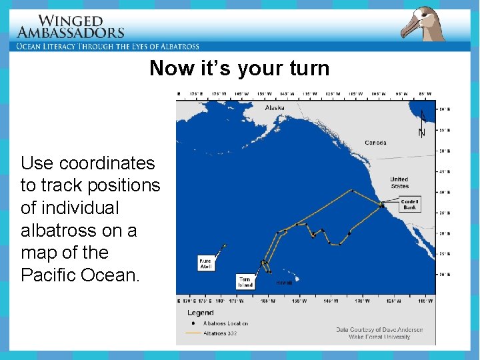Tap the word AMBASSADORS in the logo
pyautogui.click(x=71, y=32)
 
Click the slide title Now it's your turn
pyautogui.click(x=239, y=68)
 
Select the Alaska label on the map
pyautogui.click(x=275, y=108)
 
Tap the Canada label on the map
pyautogui.click(x=375, y=143)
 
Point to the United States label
pyautogui.click(x=399, y=183)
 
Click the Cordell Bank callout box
pyautogui.click(x=409, y=205)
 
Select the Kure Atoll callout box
pyautogui.click(x=206, y=263)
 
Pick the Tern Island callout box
pyautogui.click(x=245, y=282)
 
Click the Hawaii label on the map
pyautogui.click(x=284, y=283)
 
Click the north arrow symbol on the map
pyautogui.click(x=421, y=123)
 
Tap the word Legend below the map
pyautogui.click(x=200, y=313)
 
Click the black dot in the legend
pyautogui.click(x=193, y=323)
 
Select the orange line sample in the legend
pyautogui.click(x=193, y=332)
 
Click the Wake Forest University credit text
pyautogui.click(x=379, y=337)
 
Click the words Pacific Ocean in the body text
pyautogui.click(x=81, y=275)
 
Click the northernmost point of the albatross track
pyautogui.click(x=353, y=190)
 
